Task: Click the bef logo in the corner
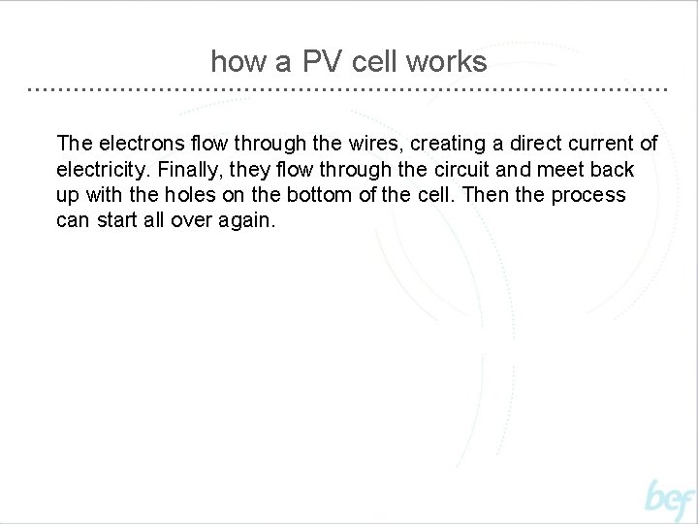click(x=670, y=500)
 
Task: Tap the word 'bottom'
click(x=302, y=195)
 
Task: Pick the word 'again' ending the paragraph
click(x=249, y=221)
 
